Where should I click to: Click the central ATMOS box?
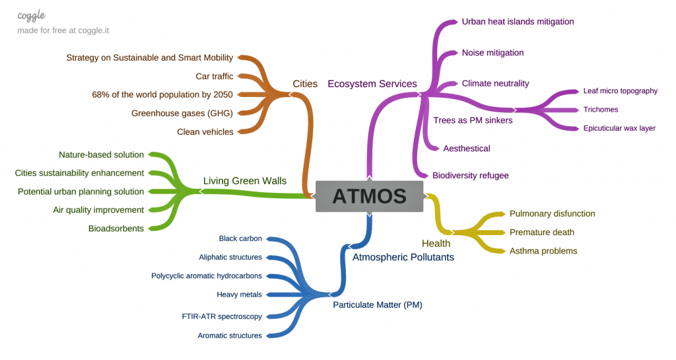(x=369, y=196)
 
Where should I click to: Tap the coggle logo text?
(x=32, y=15)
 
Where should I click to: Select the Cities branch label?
(x=305, y=84)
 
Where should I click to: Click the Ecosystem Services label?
(x=372, y=84)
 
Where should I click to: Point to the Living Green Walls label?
(x=244, y=180)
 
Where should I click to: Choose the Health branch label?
(x=436, y=244)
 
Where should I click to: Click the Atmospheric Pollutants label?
(x=403, y=257)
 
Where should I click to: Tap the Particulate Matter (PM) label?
(x=377, y=305)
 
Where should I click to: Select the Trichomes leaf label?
(x=601, y=110)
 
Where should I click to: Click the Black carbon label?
(x=240, y=238)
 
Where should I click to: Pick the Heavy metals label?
(x=239, y=295)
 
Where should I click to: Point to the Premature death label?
(x=541, y=233)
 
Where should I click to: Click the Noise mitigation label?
(x=492, y=53)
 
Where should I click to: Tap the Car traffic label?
(x=215, y=77)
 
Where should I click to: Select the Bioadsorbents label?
(x=116, y=229)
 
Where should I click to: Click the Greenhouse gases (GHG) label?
(x=182, y=113)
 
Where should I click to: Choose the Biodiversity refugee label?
(x=470, y=176)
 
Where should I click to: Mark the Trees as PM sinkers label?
(x=473, y=120)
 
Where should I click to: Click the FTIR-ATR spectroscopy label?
(x=222, y=316)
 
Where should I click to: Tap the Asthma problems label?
(x=543, y=251)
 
